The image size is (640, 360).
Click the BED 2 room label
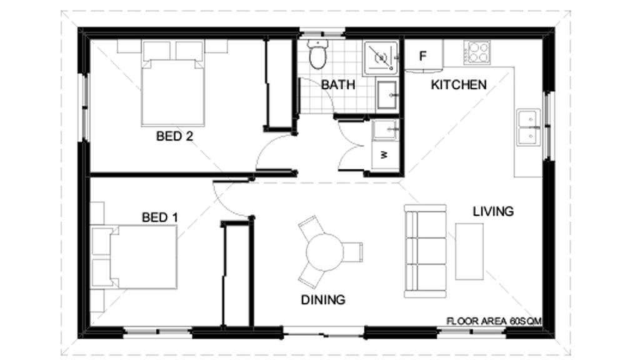174,136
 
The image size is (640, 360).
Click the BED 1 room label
160,217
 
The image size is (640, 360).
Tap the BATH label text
338,84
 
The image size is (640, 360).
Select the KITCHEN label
459,84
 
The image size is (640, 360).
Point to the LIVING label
493,211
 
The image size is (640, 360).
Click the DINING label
323,300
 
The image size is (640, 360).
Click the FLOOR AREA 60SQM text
493,321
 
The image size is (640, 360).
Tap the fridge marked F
423,56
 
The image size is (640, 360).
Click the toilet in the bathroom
318,55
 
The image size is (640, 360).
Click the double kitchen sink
528,127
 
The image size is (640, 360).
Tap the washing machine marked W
385,155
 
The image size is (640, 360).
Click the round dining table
324,251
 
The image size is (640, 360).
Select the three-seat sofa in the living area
425,251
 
